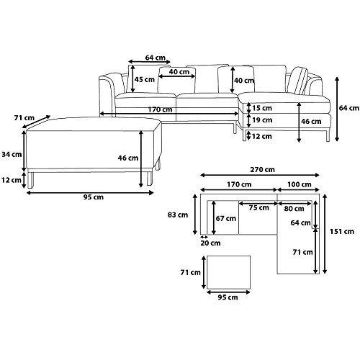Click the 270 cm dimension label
point(262,169)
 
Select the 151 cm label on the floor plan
point(342,232)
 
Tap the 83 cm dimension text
point(178,215)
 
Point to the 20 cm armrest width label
point(210,243)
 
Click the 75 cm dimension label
point(258,208)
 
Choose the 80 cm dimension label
point(294,209)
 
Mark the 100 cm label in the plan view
point(300,184)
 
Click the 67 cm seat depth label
point(225,218)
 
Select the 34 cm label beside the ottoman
point(12,154)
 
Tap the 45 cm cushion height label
point(145,79)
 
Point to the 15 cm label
point(262,108)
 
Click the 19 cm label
point(262,120)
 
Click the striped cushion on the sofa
point(298,81)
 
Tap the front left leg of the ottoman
point(31,179)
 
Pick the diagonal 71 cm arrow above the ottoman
point(36,122)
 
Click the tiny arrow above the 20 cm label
point(204,237)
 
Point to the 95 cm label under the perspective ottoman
point(94,197)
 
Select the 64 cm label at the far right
point(349,108)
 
